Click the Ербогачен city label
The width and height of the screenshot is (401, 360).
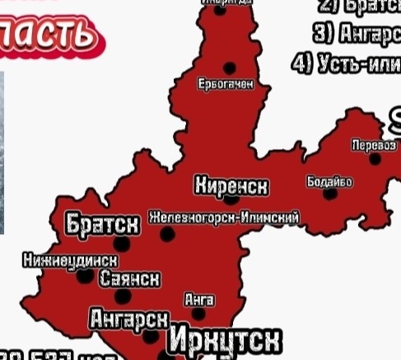pyautogui.click(x=226, y=84)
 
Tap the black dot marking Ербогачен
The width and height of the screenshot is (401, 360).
pyautogui.click(x=230, y=68)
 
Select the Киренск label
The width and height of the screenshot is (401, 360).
pyautogui.click(x=231, y=186)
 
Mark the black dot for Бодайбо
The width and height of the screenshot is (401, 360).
pyautogui.click(x=330, y=194)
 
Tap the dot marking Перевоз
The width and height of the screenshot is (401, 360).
pyautogui.click(x=376, y=158)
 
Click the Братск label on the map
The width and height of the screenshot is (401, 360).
pyautogui.click(x=102, y=223)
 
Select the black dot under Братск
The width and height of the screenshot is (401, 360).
pyautogui.click(x=123, y=244)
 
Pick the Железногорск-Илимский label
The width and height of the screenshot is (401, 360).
pyautogui.click(x=223, y=217)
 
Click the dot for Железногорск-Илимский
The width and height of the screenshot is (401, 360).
pyautogui.click(x=168, y=235)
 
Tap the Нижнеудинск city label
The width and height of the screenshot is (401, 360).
pyautogui.click(x=70, y=260)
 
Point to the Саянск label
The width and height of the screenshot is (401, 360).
pyautogui.click(x=129, y=278)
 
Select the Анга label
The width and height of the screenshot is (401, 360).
pyautogui.click(x=199, y=300)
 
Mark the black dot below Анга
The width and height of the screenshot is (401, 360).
pyautogui.click(x=199, y=314)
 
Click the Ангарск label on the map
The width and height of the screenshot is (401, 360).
pyautogui.click(x=129, y=319)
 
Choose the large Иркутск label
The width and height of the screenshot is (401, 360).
pyautogui.click(x=225, y=340)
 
